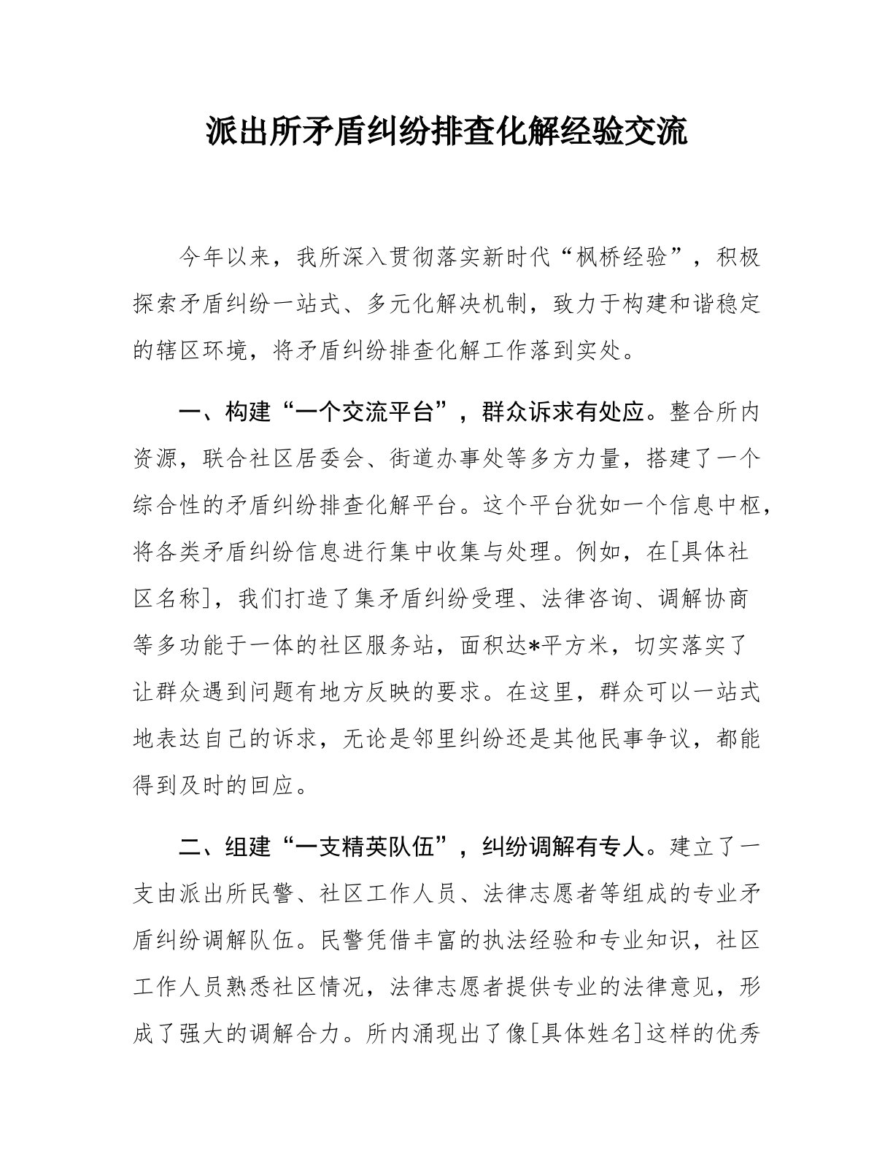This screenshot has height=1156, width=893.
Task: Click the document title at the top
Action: [x=446, y=132]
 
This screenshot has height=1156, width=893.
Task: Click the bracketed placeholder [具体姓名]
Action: [x=584, y=1034]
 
